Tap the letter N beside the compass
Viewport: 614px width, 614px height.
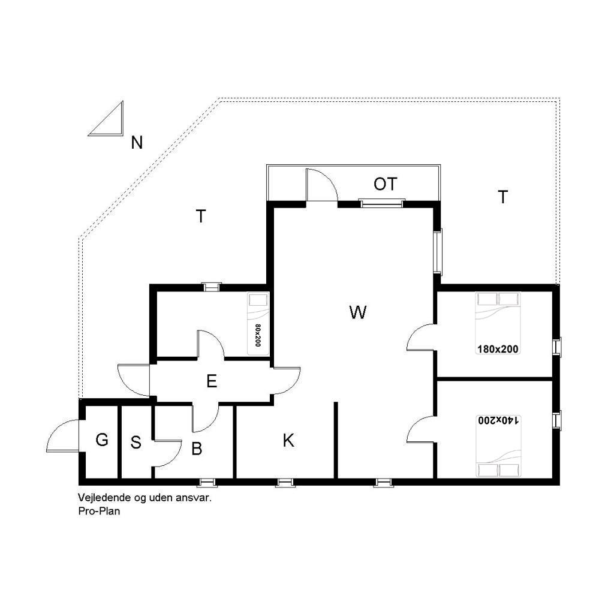137,143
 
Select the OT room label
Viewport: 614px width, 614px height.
386,184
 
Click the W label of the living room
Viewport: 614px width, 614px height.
358,312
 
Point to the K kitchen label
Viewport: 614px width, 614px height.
288,441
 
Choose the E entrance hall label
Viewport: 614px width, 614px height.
212,381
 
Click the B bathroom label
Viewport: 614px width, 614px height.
197,449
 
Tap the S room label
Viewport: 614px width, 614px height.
136,443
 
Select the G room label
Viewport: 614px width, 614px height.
102,440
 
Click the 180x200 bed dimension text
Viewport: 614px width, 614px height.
498,349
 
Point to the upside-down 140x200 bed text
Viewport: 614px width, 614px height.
498,420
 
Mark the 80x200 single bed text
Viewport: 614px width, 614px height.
258,335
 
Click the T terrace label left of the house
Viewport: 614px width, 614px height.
201,216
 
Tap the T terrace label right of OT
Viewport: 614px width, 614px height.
503,197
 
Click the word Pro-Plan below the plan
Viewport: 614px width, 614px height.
99,511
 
